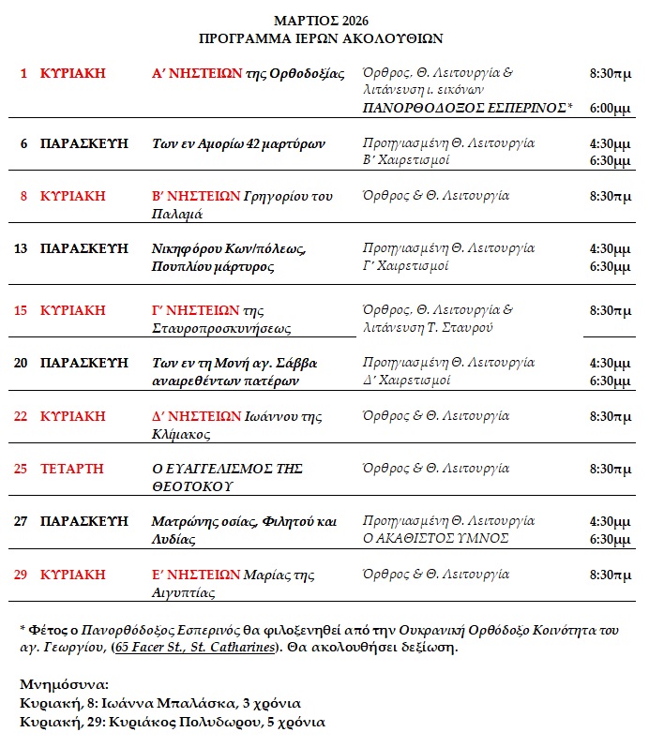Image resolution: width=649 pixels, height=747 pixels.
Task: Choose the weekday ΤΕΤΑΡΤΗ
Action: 72,468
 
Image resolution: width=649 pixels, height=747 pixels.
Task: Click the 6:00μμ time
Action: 610,109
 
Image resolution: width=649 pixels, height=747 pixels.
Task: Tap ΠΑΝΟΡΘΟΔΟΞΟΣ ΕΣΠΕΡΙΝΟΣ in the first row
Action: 464,109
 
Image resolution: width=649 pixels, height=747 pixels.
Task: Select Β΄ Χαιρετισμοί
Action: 406,160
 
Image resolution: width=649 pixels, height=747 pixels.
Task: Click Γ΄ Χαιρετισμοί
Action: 406,265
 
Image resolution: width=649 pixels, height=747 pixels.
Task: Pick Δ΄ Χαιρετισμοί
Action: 406,380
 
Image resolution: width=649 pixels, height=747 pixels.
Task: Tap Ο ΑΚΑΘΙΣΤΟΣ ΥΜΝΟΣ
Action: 436,537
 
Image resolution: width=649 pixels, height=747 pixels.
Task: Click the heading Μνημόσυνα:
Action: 65,684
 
